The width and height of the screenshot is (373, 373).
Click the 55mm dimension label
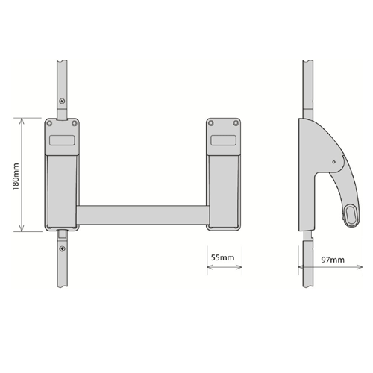coord(222,257)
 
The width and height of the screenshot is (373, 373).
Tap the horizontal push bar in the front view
coord(142,214)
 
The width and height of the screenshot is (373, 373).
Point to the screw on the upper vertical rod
coord(63,103)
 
